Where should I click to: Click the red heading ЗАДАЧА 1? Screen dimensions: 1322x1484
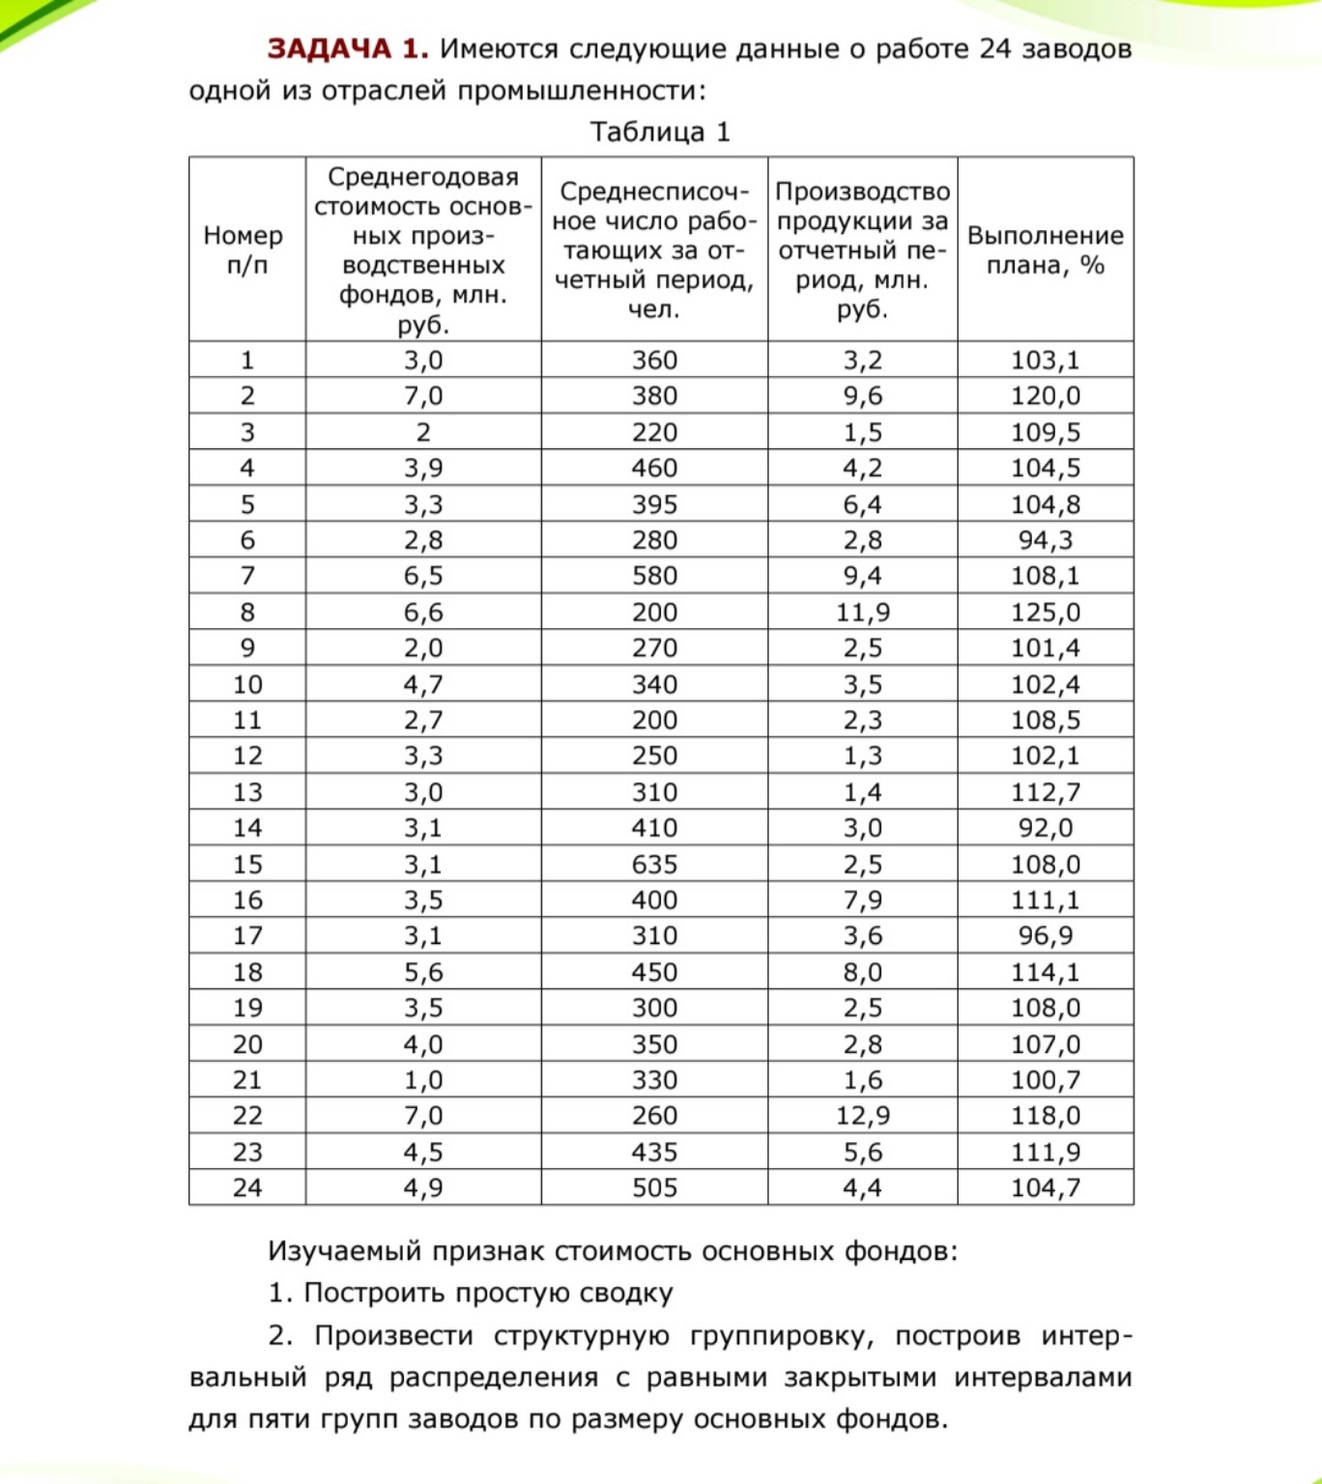pos(347,49)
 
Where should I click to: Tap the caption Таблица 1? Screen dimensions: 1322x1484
pos(660,132)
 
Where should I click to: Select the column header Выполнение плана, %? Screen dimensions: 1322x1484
pos(1045,250)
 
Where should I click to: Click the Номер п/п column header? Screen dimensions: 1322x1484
pos(244,250)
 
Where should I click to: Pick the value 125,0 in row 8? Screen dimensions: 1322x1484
pos(1045,613)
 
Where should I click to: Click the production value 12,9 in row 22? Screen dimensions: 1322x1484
pos(862,1116)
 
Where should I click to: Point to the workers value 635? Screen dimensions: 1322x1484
pos(654,865)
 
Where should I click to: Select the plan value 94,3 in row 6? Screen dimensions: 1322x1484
pos(1045,540)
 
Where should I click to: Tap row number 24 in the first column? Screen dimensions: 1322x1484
pos(247,1187)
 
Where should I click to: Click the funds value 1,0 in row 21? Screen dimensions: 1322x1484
pos(423,1080)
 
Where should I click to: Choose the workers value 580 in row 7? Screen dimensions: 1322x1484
pos(654,576)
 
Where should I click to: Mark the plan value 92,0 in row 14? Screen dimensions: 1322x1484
pos(1045,828)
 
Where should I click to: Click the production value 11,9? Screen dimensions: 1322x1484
pos(862,613)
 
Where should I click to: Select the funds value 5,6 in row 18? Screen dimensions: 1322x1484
pos(423,972)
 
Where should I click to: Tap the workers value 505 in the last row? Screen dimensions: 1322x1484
pos(654,1187)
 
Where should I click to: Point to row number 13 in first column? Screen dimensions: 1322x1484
pos(247,792)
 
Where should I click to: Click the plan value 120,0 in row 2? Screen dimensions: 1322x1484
pos(1045,396)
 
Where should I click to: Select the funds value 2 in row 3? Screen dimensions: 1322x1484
pos(423,433)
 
